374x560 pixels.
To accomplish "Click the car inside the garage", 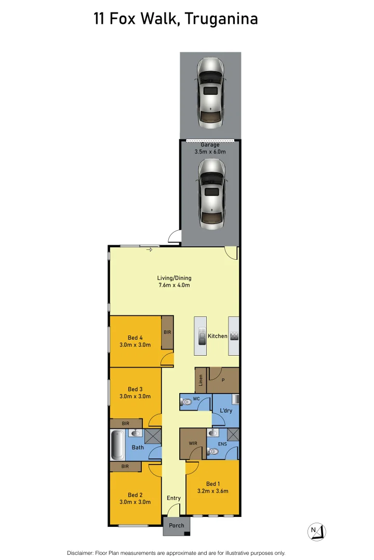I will (211, 193).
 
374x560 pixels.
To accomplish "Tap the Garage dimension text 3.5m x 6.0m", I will (210, 152).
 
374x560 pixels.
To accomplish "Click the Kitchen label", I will (217, 336).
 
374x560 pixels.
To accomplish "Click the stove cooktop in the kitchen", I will (234, 336).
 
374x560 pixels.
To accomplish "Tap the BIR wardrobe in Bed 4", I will (167, 332).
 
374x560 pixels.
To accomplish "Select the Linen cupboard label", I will (201, 381).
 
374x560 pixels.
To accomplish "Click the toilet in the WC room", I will (186, 402).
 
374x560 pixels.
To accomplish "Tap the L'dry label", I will (226, 410).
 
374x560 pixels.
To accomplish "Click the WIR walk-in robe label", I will (193, 443).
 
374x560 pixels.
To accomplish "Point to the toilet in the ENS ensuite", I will (213, 452).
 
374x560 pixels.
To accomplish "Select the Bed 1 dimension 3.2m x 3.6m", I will (213, 491).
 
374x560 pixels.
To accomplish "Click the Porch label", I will (177, 525).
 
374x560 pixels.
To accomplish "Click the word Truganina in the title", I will (222, 19).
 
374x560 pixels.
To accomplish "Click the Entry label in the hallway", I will (173, 498).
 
